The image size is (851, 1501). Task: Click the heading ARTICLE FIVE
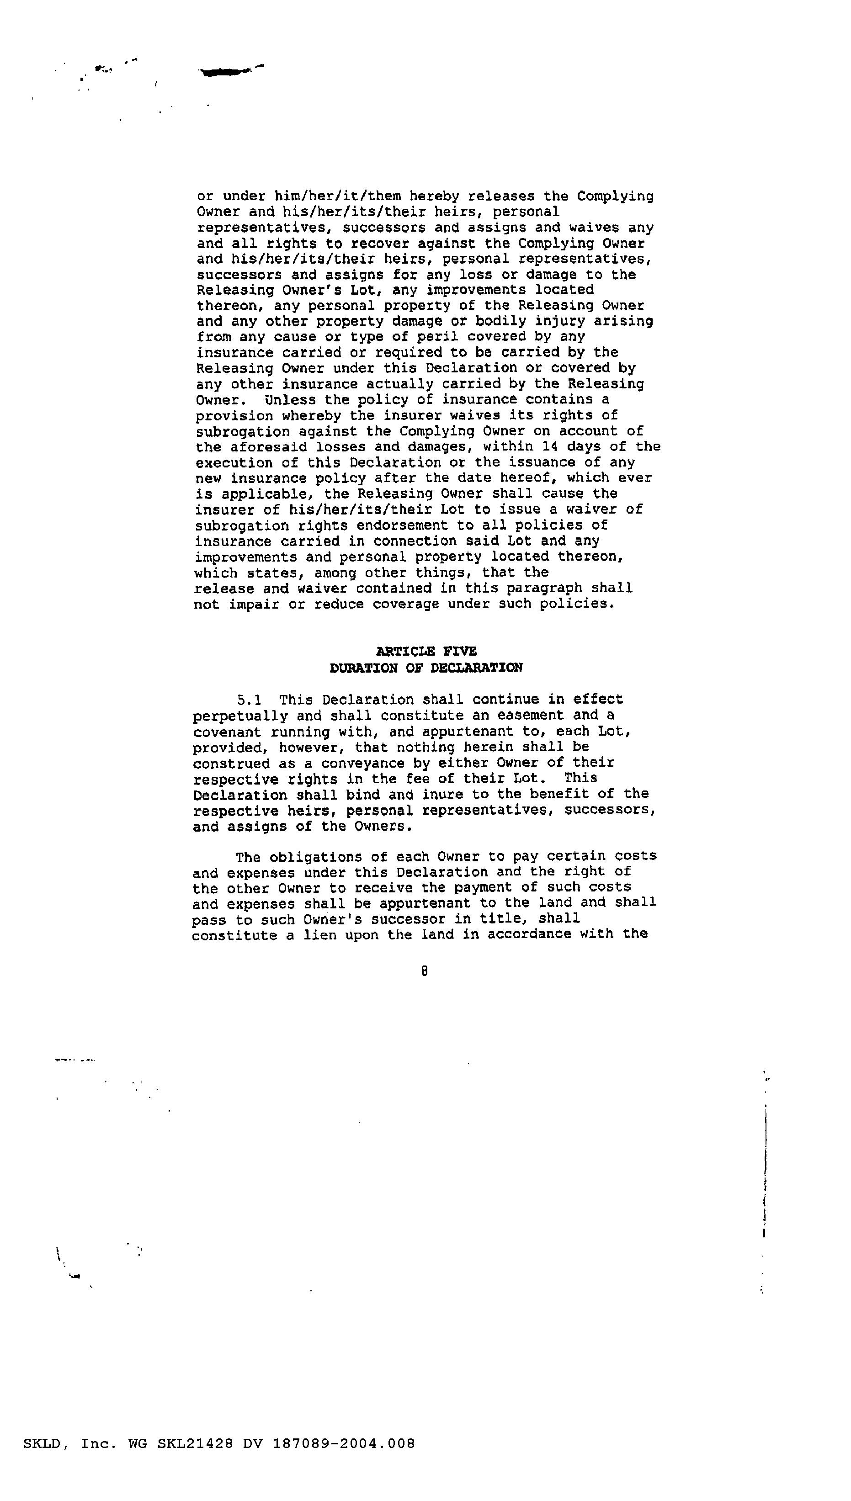pyautogui.click(x=426, y=651)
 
